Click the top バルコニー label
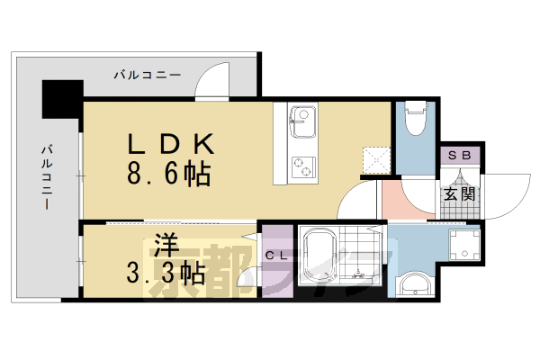[147, 74]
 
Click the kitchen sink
[301, 117]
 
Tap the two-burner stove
[301, 166]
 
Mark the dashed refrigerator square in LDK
[375, 159]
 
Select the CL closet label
[276, 256]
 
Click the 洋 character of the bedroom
[162, 244]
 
